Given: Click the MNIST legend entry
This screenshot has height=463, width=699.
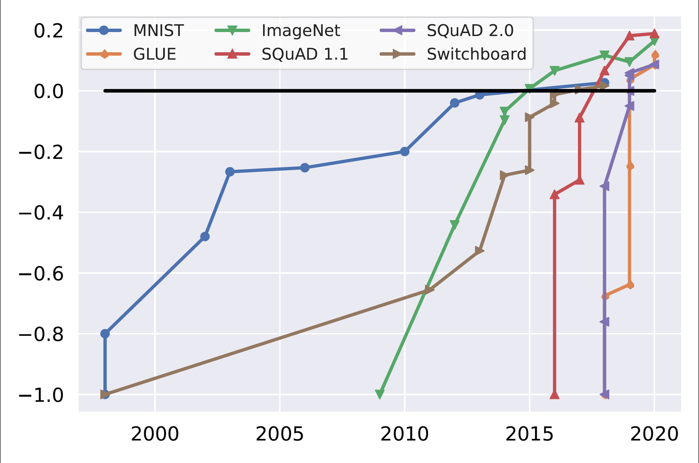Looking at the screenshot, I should click(x=158, y=30).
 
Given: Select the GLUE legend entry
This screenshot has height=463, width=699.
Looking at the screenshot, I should click(x=154, y=54).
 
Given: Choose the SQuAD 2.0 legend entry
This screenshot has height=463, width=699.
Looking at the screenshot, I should click(x=470, y=30).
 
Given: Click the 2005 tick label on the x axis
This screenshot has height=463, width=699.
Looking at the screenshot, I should click(x=279, y=434).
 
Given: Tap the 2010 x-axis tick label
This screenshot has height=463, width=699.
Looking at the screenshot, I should click(x=404, y=434).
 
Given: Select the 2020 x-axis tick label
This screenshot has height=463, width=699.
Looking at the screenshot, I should click(x=654, y=434).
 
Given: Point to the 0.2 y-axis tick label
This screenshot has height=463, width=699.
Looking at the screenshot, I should click(x=48, y=30).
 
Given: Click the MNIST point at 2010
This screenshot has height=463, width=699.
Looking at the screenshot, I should click(x=404, y=151).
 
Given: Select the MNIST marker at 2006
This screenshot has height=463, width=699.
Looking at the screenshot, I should click(x=305, y=168).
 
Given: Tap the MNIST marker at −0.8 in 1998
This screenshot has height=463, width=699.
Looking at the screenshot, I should click(x=105, y=334).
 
